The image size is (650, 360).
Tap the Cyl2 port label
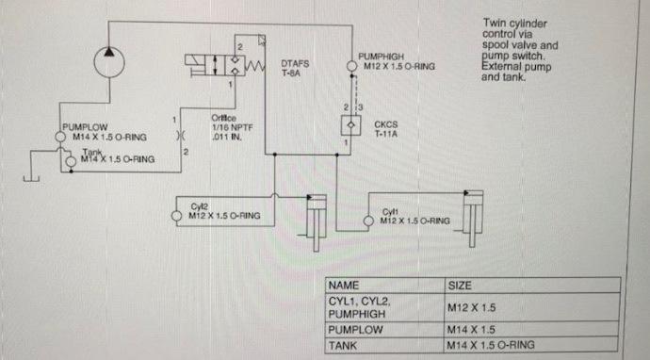point(219,211)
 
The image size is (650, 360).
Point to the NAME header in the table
point(345,285)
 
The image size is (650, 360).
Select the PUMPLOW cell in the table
point(353,329)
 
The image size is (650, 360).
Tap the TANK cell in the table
point(341,344)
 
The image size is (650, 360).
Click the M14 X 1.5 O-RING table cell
point(490,344)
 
